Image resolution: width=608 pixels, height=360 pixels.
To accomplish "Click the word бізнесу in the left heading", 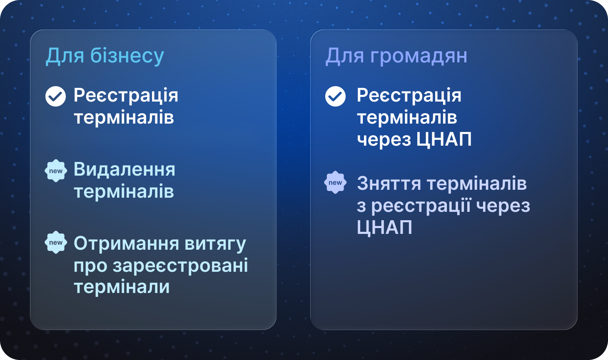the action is coord(127,56).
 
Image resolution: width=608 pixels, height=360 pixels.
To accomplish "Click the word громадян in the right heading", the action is coord(419,56).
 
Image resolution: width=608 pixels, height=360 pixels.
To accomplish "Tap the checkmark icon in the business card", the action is coord(56,96).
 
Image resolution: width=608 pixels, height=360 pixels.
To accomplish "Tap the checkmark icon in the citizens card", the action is coord(336,96).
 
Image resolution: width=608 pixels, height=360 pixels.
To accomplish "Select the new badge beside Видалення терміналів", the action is coord(56,171).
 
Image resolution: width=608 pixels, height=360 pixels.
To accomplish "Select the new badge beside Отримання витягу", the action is coord(56,242).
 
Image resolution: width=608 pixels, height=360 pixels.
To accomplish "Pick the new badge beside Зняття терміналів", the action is coord(335,182).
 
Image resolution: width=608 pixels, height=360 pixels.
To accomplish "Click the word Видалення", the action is coord(125,169).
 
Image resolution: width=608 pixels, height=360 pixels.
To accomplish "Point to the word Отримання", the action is coord(127,243).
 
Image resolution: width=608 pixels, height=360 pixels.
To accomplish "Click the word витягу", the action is coord(215,244).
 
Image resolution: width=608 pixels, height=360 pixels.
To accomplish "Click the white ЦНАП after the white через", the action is coord(444,140).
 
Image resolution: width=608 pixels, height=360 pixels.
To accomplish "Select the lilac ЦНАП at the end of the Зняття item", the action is coord(384,227).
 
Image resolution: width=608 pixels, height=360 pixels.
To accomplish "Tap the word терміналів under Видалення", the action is coord(124,191).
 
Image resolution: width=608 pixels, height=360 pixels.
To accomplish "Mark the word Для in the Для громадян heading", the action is coord(345,57).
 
